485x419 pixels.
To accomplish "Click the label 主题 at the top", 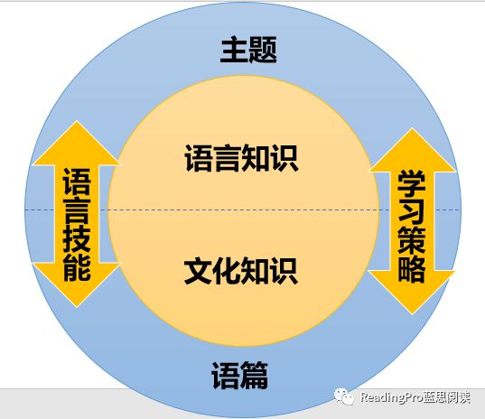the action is pos(248,50).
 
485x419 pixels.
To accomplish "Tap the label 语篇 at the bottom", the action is pos(239,375).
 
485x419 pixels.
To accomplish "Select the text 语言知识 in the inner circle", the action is pos(241,158).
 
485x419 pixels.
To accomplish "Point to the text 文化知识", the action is pos(241,271).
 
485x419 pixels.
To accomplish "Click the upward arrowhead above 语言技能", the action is pos(77,143).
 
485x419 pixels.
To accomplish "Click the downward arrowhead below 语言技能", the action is pos(77,284).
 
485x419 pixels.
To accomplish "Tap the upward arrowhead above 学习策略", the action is pos(412,150).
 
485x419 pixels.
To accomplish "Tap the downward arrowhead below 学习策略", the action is pos(412,293).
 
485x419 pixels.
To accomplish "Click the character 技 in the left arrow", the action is pos(77,240).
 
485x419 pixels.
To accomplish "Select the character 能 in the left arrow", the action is pos(77,268).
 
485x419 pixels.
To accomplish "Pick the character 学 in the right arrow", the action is pos(412,184).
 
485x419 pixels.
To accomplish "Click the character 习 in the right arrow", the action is pos(412,212).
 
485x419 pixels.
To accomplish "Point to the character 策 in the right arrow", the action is pos(412,240).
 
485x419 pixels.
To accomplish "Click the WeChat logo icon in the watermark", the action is pos(344,396).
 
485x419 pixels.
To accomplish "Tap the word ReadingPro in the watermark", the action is pos(391,397).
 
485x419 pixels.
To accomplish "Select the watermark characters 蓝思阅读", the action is pos(447,396).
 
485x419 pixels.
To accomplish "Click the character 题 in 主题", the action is pos(263,50).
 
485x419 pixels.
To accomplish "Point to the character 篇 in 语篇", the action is pos(254,375).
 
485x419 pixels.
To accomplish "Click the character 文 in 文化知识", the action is pos(198,271).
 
